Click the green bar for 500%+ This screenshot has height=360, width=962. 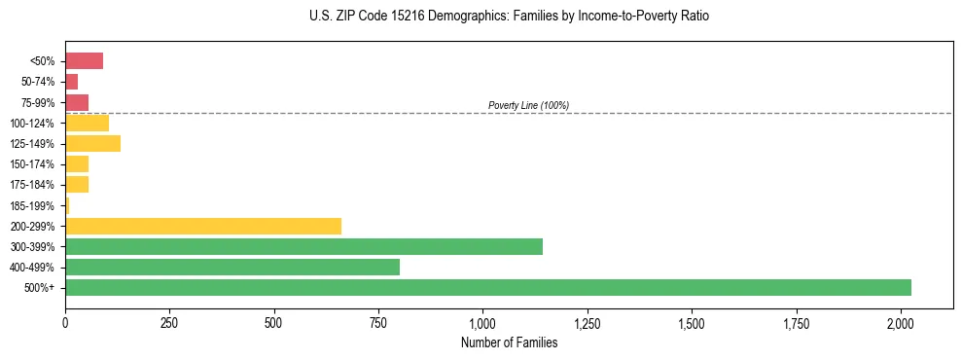(x=487, y=287)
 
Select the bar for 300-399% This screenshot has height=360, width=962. (x=303, y=246)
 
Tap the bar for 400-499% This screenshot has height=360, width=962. (x=232, y=267)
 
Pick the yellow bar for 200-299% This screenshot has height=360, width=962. (x=203, y=226)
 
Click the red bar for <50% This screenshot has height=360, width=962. (x=84, y=61)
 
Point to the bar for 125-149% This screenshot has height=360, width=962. (x=92, y=144)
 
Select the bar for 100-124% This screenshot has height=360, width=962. (x=87, y=123)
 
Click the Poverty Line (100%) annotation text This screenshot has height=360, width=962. (x=528, y=105)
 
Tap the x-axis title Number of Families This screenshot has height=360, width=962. (x=509, y=342)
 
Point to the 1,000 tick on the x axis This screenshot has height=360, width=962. (x=482, y=322)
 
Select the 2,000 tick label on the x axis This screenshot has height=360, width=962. (x=901, y=322)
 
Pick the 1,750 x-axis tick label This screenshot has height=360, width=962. (x=797, y=322)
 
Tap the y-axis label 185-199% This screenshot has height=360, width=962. (x=32, y=205)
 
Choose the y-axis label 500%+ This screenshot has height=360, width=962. (x=40, y=288)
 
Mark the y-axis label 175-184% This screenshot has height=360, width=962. (x=32, y=185)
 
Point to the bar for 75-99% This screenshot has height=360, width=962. (x=77, y=102)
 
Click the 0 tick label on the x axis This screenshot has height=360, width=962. (x=65, y=322)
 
